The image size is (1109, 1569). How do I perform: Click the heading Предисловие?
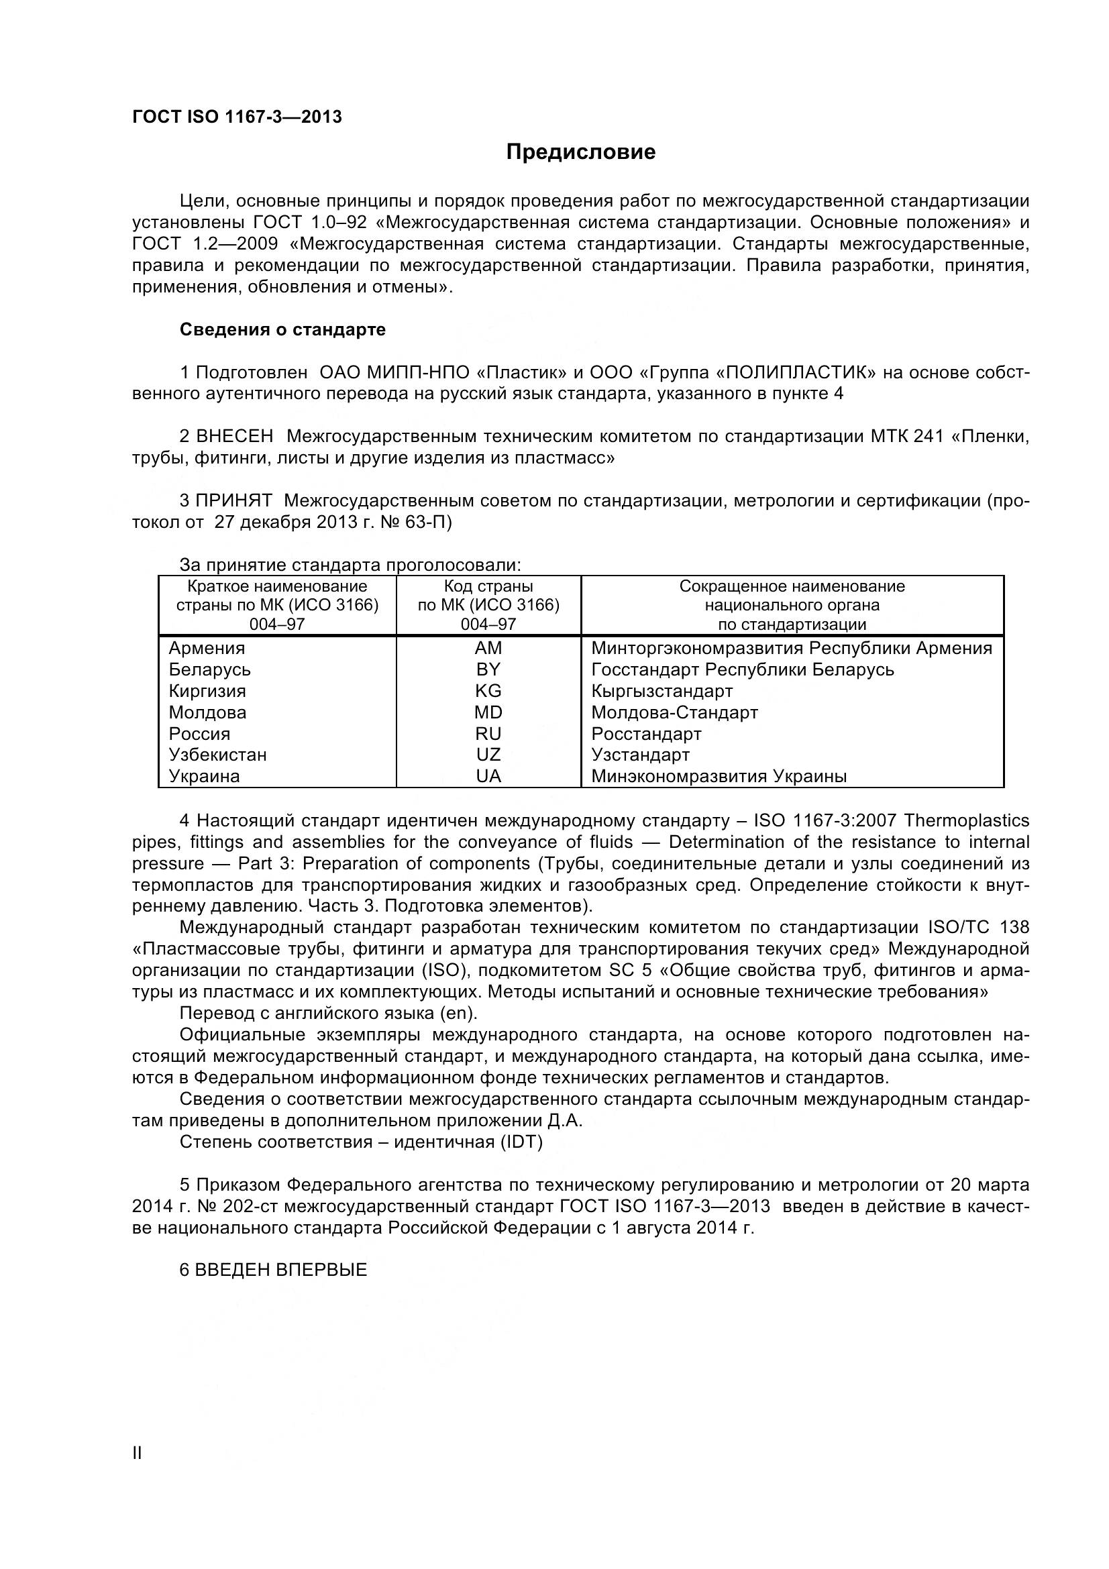point(580,152)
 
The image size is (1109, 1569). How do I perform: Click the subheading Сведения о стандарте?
point(282,329)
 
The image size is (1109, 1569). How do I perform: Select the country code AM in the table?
point(488,648)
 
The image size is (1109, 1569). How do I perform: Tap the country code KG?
point(488,691)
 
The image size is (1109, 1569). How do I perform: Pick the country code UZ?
point(488,755)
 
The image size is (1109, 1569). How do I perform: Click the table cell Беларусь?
point(210,669)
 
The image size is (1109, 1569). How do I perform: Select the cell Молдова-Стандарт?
point(674,712)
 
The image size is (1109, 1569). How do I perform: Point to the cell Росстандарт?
point(646,734)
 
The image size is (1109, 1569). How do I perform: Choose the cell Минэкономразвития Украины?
point(719,776)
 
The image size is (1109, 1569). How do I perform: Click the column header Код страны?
point(488,586)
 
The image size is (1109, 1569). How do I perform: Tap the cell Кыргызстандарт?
point(662,691)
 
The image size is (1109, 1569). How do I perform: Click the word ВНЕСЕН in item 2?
point(234,436)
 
